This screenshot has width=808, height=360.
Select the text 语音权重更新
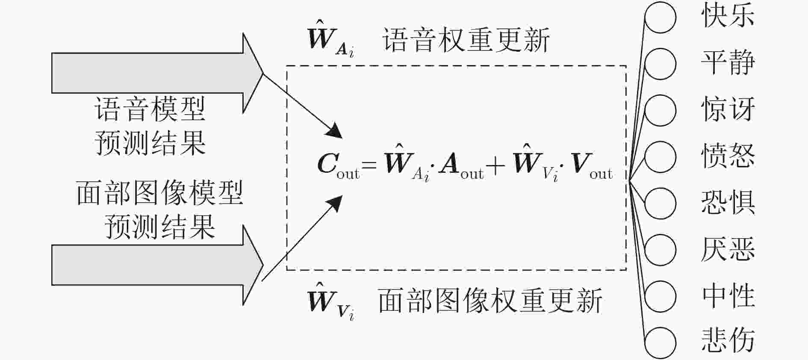tap(466, 41)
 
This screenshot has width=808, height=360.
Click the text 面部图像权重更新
tap(490, 300)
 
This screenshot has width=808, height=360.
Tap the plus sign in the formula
tap(496, 165)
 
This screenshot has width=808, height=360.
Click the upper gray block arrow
tap(157, 73)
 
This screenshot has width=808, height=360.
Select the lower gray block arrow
tap(157, 265)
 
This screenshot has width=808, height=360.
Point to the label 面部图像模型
tap(159, 193)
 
